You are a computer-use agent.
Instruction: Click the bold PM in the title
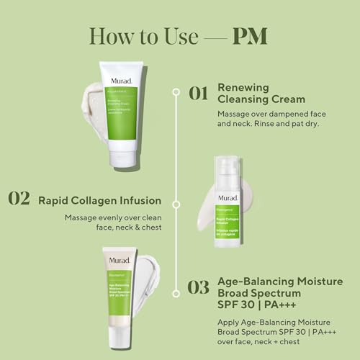click(x=251, y=35)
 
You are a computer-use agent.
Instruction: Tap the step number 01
click(x=198, y=94)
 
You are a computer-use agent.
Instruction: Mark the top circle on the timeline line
click(x=175, y=92)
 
